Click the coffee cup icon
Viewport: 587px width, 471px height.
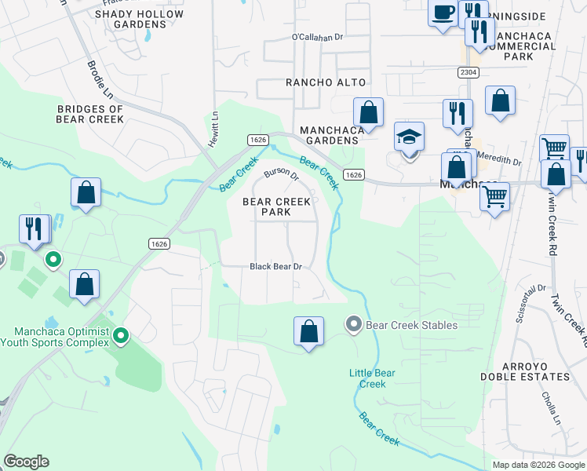click(443, 13)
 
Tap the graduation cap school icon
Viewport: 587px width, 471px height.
click(409, 137)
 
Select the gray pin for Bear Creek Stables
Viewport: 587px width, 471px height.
click(353, 323)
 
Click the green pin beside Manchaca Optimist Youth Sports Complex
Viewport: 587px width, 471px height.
click(121, 336)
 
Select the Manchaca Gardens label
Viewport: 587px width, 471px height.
click(329, 135)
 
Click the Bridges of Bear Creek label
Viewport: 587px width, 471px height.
click(90, 114)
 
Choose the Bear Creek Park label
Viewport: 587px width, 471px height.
click(276, 206)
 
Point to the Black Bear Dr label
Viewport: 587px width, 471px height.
click(276, 267)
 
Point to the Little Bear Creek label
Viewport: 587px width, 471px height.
click(373, 378)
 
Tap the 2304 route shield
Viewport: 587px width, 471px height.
click(469, 71)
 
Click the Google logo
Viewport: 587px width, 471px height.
click(26, 462)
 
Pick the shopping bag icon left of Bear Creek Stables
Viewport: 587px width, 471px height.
click(309, 330)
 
